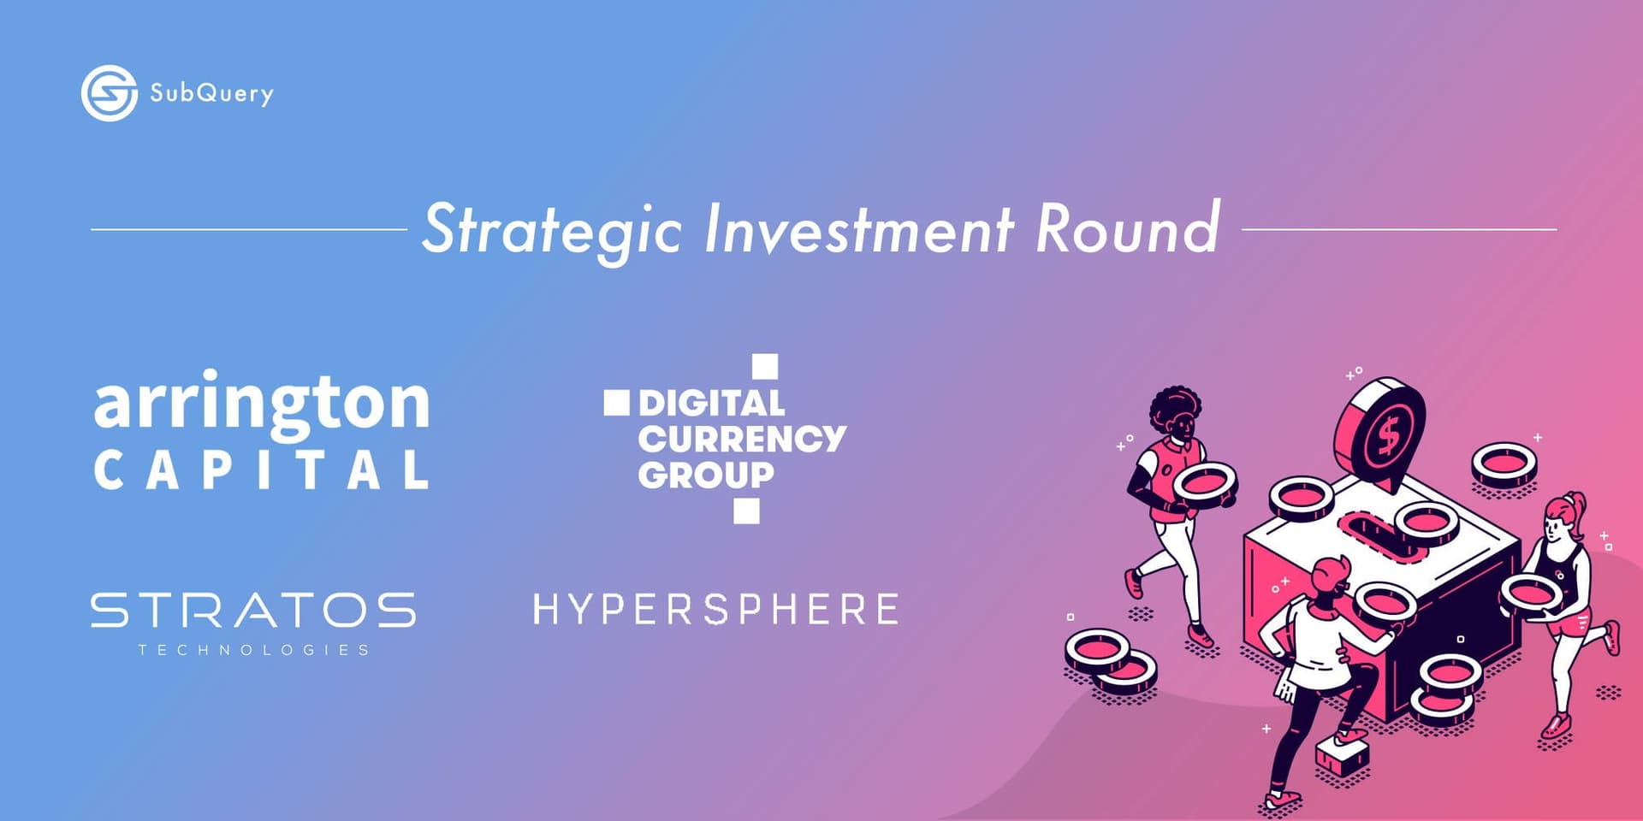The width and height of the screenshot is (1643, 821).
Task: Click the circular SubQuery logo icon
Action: click(x=109, y=92)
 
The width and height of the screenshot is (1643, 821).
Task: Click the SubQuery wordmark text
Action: click(x=211, y=93)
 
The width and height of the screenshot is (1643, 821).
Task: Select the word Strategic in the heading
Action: click(x=552, y=229)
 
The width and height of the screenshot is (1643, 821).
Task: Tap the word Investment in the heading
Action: click(x=858, y=229)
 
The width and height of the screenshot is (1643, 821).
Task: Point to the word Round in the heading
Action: click(x=1127, y=229)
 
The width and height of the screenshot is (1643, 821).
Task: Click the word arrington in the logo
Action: click(x=261, y=405)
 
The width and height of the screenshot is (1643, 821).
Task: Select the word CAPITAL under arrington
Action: click(x=261, y=470)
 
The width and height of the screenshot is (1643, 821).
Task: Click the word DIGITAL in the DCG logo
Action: click(x=711, y=404)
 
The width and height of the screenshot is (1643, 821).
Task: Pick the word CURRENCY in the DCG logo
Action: click(x=741, y=440)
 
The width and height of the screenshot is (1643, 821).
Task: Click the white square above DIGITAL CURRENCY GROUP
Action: click(x=764, y=366)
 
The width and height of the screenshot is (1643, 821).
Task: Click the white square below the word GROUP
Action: click(x=746, y=511)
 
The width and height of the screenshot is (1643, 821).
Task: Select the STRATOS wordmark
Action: click(x=253, y=611)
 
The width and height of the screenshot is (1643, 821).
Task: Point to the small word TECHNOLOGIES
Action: click(x=253, y=650)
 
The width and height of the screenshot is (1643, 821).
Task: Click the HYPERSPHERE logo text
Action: click(x=715, y=610)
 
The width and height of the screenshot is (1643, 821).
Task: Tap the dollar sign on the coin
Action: click(x=1387, y=437)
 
